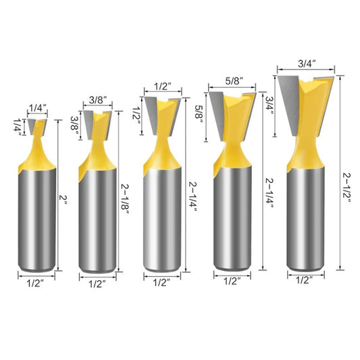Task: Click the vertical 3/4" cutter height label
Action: (x=270, y=105)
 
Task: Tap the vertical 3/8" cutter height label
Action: (x=74, y=125)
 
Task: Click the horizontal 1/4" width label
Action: (x=38, y=107)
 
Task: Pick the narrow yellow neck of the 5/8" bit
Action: (x=233, y=144)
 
